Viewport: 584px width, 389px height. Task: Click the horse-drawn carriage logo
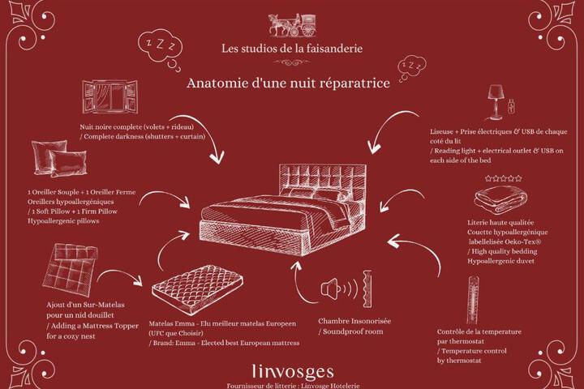pyautogui.click(x=293, y=25)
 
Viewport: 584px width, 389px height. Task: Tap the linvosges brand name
pyautogui.click(x=293, y=371)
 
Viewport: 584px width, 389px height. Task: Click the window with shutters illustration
pyautogui.click(x=109, y=96)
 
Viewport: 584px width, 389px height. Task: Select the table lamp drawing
pyautogui.click(x=496, y=102)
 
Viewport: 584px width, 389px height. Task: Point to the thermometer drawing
pyautogui.click(x=473, y=300)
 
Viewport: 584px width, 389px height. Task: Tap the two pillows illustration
pyautogui.click(x=59, y=158)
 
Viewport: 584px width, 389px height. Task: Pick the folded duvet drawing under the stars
pyautogui.click(x=500, y=199)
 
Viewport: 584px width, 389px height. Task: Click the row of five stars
pyautogui.click(x=504, y=178)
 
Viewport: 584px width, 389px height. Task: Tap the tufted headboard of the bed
pyautogui.click(x=324, y=182)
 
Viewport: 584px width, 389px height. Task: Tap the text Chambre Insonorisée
pyautogui.click(x=354, y=321)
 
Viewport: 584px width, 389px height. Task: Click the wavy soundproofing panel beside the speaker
pyautogui.click(x=367, y=289)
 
